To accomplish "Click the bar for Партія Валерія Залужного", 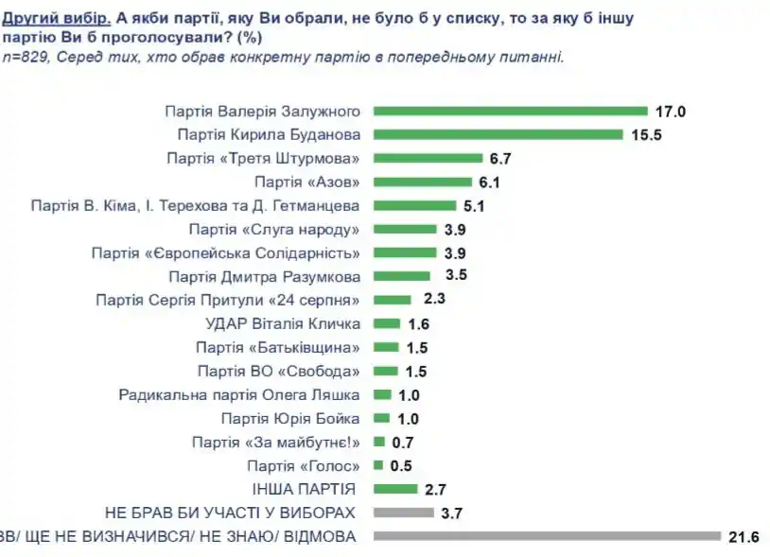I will pos(511,111).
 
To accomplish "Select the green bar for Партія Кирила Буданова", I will pos(499,134).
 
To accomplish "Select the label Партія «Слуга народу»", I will pos(275,229).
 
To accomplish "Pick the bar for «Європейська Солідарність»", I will pos(407,252).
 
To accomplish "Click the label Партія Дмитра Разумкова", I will pos(266,276).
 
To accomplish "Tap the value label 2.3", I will pos(434,300).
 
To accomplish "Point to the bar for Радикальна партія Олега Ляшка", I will pos(383,394).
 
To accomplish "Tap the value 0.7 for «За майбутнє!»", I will pos(402,442).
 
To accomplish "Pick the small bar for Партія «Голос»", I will pos(377,465).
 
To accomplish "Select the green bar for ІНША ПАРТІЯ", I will pos(395,489).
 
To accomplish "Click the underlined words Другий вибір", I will pos(57,17).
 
